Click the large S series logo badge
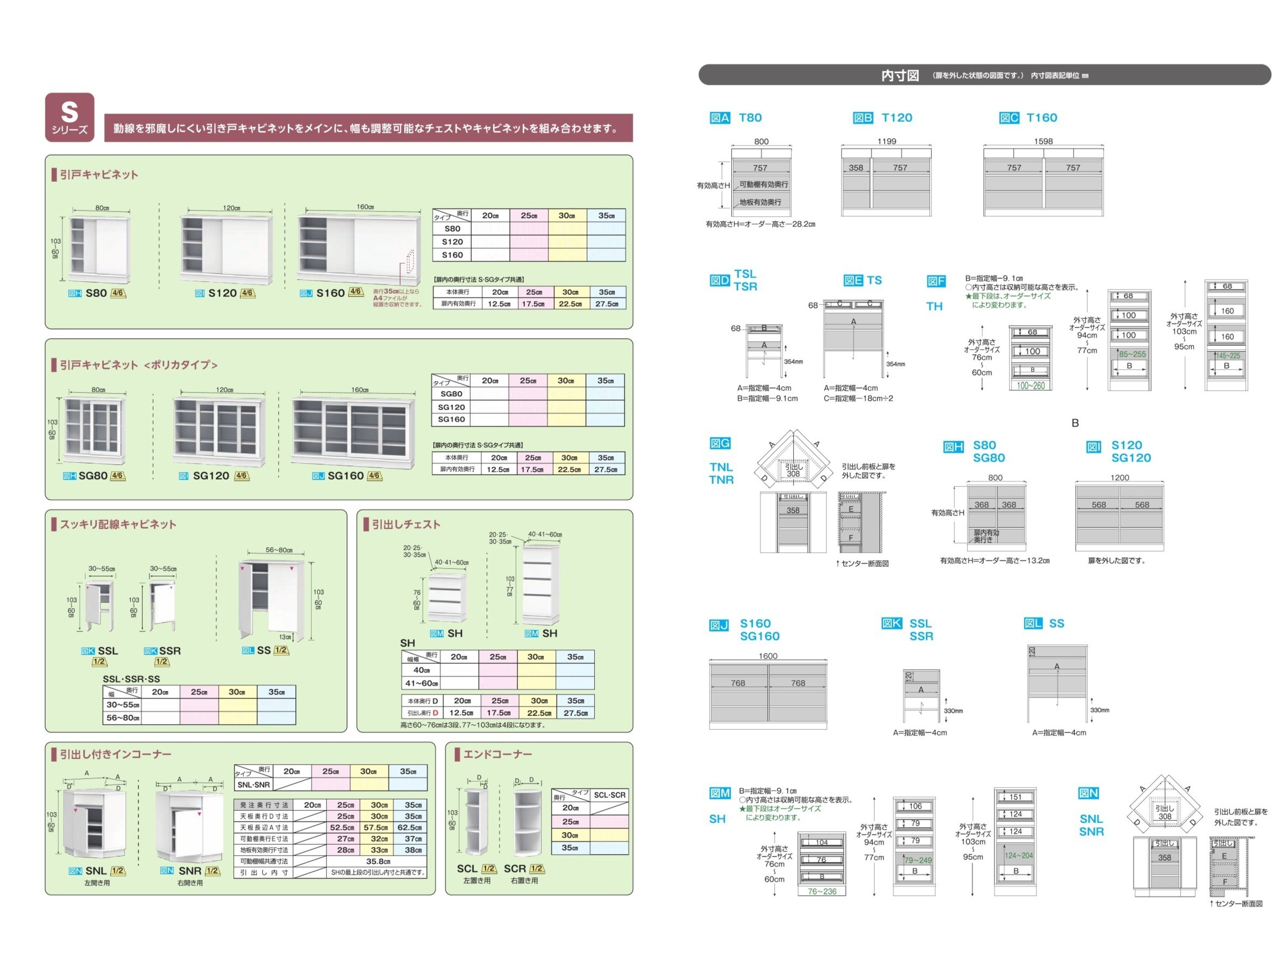(x=70, y=117)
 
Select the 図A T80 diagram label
(x=736, y=118)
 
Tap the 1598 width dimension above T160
(x=1043, y=141)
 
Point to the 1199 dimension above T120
(x=887, y=141)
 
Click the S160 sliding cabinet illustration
(x=359, y=249)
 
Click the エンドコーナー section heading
(x=497, y=754)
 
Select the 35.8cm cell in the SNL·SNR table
(x=378, y=861)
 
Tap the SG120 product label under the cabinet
(x=211, y=476)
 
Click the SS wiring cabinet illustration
(x=272, y=600)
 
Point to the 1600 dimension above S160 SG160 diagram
(x=767, y=656)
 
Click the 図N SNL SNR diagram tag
(x=1088, y=793)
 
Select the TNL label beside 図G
(x=721, y=467)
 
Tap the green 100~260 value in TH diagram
(x=1030, y=386)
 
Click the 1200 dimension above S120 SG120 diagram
(x=1120, y=478)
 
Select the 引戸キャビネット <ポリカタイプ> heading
(x=138, y=365)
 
